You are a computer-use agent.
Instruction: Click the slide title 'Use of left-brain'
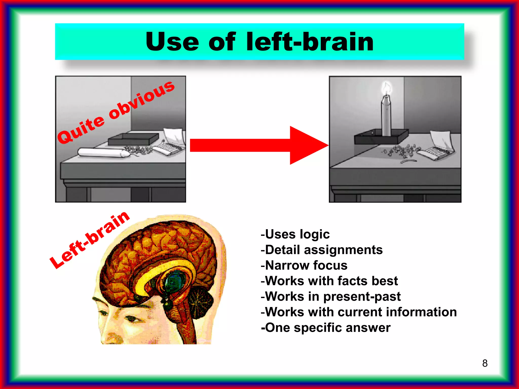click(x=259, y=42)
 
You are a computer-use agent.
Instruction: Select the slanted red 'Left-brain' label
click(x=89, y=240)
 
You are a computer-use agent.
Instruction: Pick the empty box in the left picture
click(x=133, y=139)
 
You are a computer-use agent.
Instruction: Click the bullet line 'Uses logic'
click(x=295, y=234)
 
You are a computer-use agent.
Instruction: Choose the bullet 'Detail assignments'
click(x=322, y=250)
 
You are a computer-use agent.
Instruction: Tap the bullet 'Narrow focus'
click(x=304, y=265)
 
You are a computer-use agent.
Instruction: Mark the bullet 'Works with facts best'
click(x=329, y=281)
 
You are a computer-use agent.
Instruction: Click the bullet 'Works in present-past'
click(x=331, y=297)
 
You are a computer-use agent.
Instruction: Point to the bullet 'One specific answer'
click(x=326, y=328)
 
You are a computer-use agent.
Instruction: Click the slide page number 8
click(x=485, y=363)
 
